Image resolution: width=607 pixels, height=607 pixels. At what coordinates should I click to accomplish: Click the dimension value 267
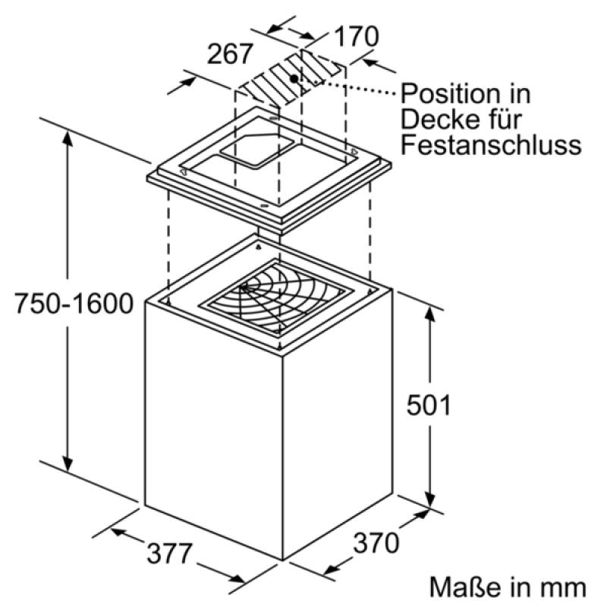click(x=230, y=54)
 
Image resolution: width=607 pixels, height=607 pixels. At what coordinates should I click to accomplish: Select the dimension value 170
click(x=356, y=36)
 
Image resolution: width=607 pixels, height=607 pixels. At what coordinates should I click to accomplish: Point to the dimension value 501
click(x=429, y=405)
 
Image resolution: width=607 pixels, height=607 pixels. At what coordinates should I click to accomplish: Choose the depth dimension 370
click(x=376, y=543)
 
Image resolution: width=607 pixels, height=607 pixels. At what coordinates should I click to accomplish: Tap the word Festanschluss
click(x=491, y=145)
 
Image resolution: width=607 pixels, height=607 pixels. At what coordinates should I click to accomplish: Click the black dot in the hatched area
click(x=294, y=79)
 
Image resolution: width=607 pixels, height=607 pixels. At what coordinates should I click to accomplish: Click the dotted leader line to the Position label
click(x=355, y=87)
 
